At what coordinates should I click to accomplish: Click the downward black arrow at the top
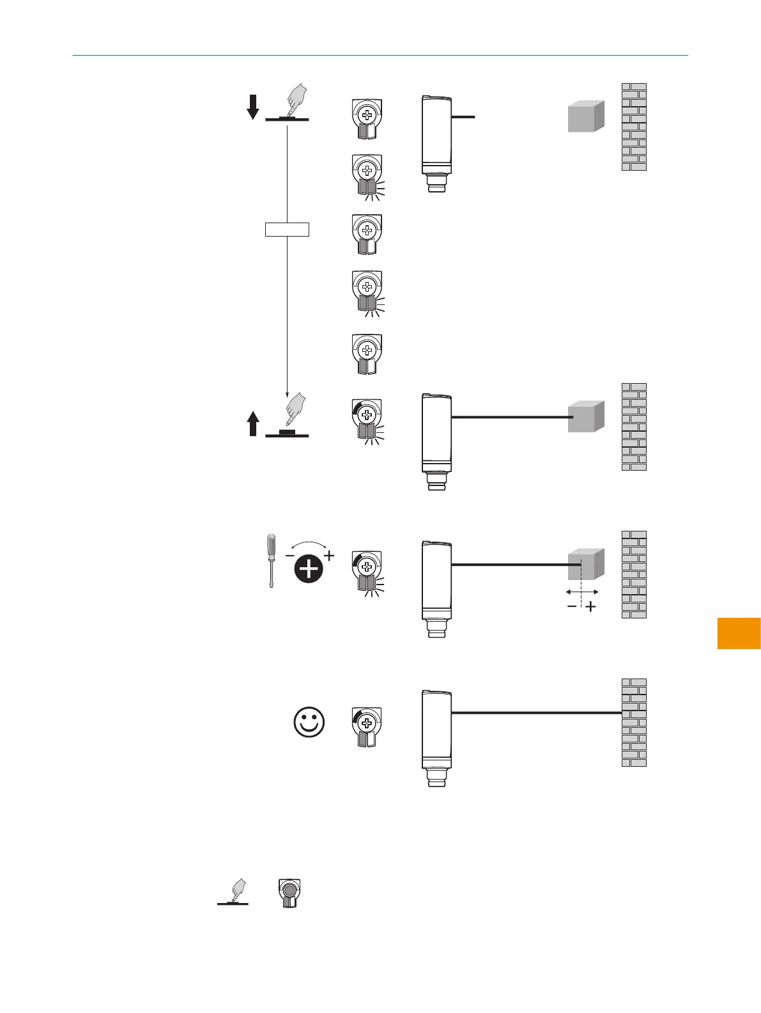pos(253,107)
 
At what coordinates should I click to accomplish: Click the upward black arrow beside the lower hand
pos(253,423)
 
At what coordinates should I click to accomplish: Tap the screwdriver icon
pos(272,561)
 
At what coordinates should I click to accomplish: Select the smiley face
pos(309,723)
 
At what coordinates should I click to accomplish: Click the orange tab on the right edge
pos(739,633)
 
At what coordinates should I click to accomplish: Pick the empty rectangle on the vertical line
pos(287,229)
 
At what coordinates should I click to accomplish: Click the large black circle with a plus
pos(309,569)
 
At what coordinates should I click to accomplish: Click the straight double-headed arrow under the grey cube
pos(582,592)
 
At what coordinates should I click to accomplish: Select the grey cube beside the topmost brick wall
pos(586,116)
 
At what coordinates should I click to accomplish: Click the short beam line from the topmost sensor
pos(463,117)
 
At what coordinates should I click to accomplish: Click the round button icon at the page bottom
pos(289,893)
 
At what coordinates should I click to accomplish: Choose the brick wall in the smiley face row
pos(634,723)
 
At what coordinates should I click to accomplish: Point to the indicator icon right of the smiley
pos(367,727)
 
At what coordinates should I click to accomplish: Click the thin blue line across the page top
pos(380,56)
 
